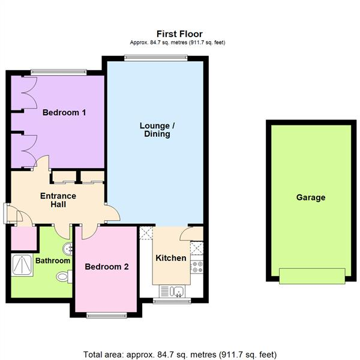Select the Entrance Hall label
[x=58, y=200]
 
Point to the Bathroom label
[x=52, y=261]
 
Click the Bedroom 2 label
[x=106, y=267]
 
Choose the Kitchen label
[x=171, y=258]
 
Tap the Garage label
[x=310, y=197]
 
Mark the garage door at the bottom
[x=311, y=277]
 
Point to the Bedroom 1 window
[x=58, y=73]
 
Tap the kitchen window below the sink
[x=171, y=300]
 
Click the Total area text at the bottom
[x=179, y=354]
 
